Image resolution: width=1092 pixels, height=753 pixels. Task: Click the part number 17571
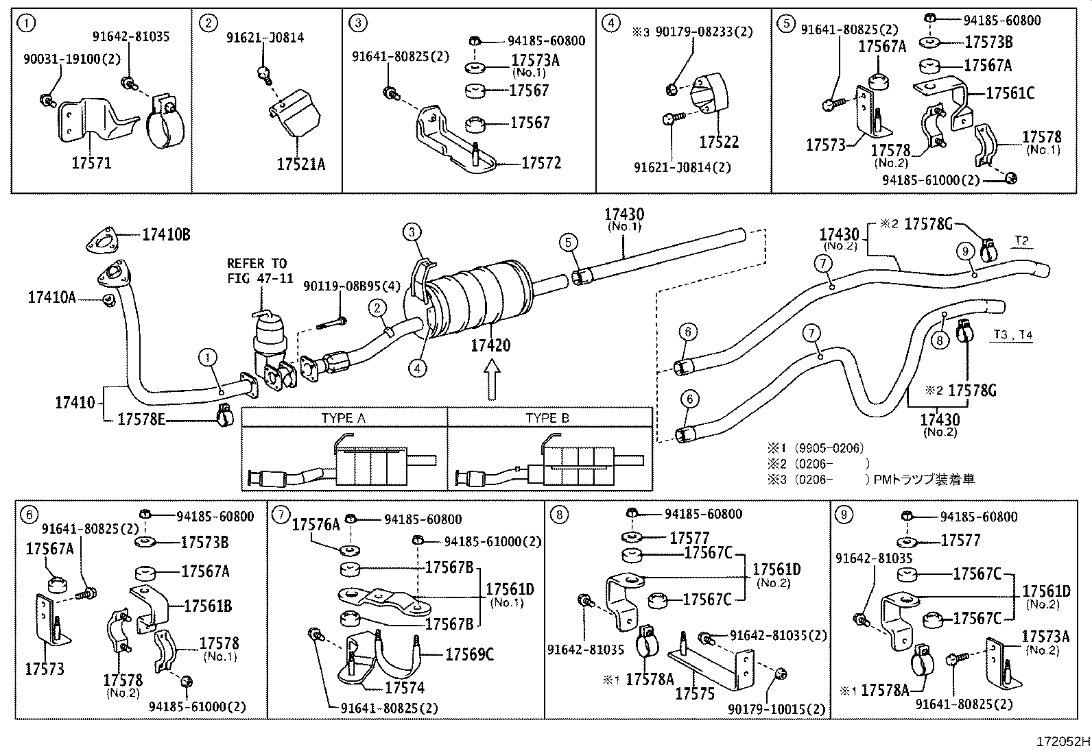[x=91, y=163]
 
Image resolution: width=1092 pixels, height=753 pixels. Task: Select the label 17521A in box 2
[x=300, y=164]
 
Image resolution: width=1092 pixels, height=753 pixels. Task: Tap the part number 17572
[x=541, y=162]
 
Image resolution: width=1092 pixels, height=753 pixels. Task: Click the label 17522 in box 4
[x=719, y=142]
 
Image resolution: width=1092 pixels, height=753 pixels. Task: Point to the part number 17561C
[x=1010, y=92]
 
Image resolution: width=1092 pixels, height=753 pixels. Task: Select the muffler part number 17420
[x=490, y=345]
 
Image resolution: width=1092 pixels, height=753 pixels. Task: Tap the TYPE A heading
[x=343, y=418]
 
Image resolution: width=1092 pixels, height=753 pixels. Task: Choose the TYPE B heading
[x=547, y=418]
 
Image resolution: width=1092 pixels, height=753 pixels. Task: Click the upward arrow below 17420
[x=490, y=381]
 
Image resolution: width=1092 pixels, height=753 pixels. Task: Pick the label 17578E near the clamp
[x=141, y=419]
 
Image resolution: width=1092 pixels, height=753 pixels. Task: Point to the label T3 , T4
[x=1013, y=334]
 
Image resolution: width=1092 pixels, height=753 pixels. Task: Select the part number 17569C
[x=469, y=654]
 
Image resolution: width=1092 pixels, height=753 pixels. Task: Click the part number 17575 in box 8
[x=695, y=693]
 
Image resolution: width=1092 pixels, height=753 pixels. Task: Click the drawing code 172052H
[x=1063, y=741]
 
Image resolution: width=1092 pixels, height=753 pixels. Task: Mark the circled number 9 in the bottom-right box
[x=844, y=515]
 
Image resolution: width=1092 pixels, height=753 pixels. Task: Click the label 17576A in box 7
[x=316, y=525]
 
